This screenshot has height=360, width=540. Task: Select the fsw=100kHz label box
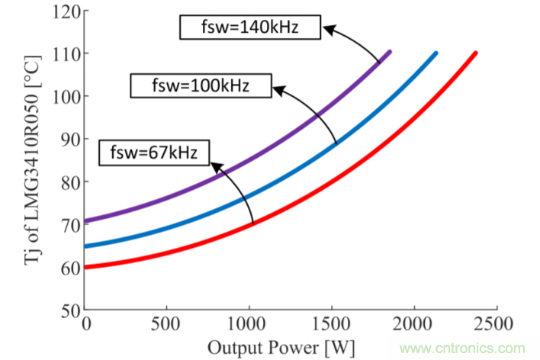tap(201, 85)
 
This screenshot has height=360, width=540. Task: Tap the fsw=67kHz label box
tap(153, 152)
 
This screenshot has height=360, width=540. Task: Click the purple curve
tap(229, 168)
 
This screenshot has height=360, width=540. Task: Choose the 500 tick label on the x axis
tap(167, 324)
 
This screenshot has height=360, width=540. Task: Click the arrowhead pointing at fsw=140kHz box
tap(326, 30)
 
